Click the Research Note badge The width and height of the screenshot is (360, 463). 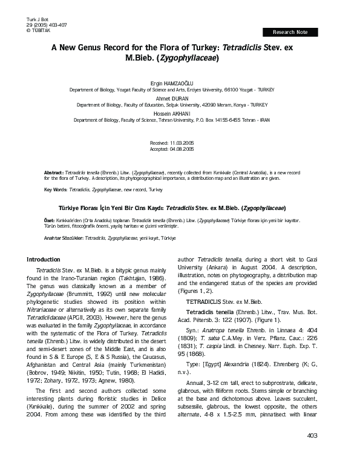tap(290, 31)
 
